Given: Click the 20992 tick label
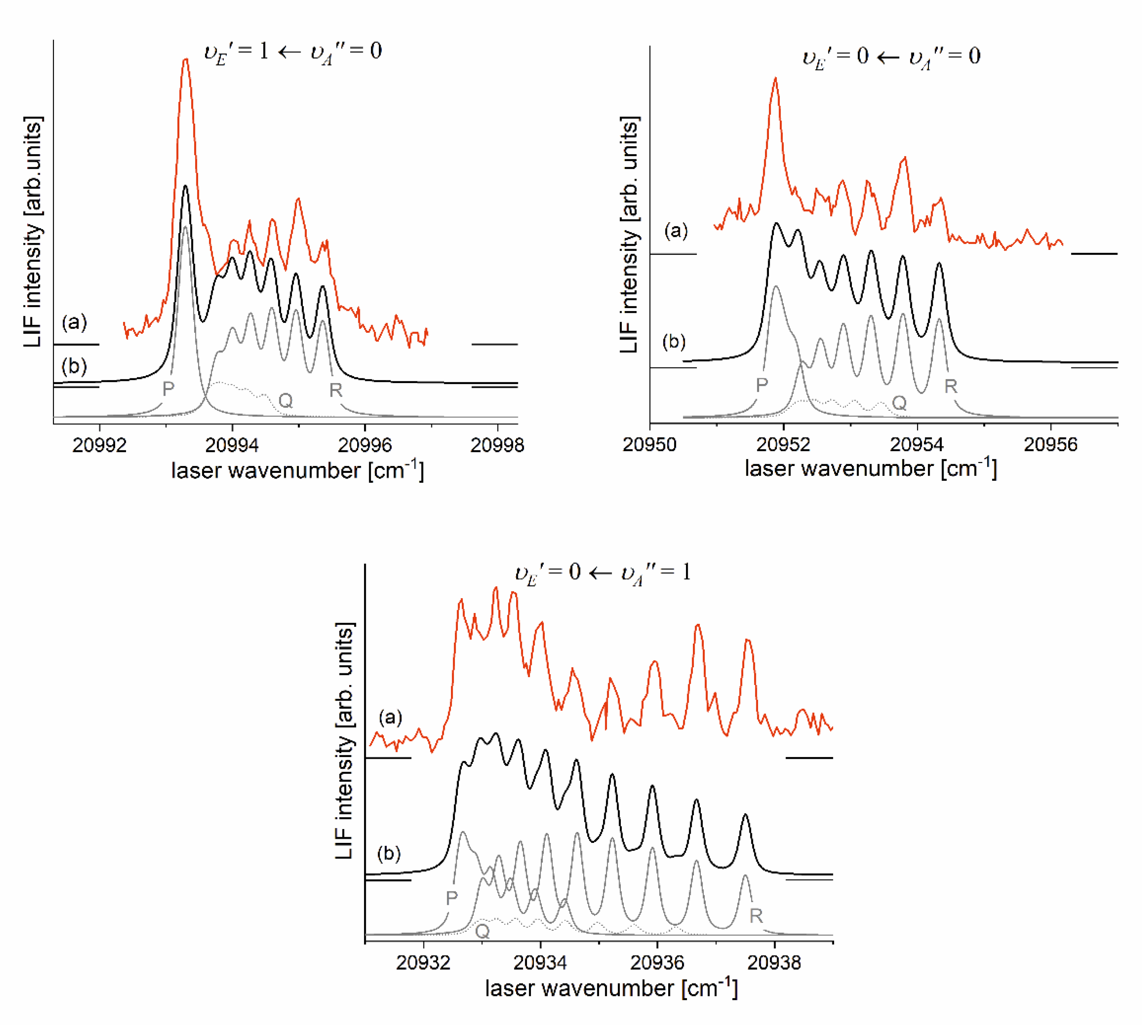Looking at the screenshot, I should click(x=100, y=445).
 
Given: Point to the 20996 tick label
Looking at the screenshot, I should click(x=364, y=445).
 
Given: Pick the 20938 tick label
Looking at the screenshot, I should click(x=774, y=962).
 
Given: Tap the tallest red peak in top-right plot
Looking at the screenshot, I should click(x=776, y=79).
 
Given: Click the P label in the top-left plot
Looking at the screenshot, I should click(x=168, y=388).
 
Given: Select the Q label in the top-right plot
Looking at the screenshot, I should click(x=899, y=402).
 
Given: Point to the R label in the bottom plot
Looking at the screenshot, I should click(x=756, y=916).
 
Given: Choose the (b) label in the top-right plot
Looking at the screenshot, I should click(x=674, y=341).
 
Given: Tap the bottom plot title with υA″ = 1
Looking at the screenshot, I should click(x=603, y=573).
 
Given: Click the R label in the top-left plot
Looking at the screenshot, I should click(x=336, y=390).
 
